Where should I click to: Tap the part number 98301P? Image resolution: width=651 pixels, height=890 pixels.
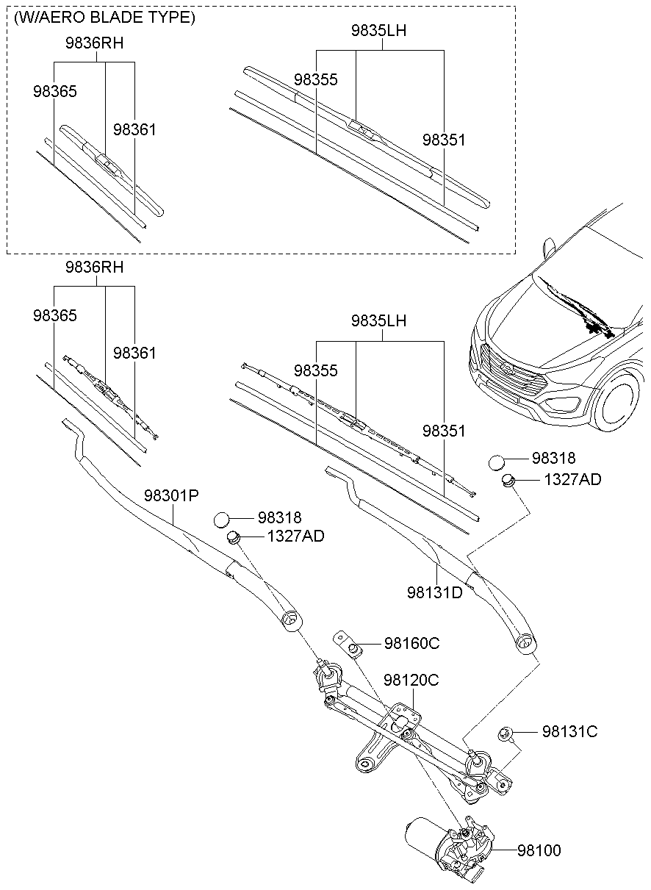(x=171, y=495)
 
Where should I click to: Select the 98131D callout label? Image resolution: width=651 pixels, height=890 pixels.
(x=435, y=592)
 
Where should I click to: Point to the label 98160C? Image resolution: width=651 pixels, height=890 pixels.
(x=411, y=644)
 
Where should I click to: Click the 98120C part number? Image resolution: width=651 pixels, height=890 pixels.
(x=411, y=681)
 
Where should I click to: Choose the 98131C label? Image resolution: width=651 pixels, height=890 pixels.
(x=569, y=732)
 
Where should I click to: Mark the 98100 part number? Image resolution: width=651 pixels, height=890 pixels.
(x=539, y=850)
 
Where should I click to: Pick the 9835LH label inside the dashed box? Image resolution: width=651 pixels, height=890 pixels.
(x=378, y=31)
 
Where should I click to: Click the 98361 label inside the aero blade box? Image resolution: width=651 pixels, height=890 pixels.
(x=134, y=129)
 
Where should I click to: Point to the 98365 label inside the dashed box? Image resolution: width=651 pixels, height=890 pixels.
(x=54, y=91)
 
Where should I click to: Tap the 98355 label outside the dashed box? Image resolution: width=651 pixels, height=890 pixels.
(x=316, y=371)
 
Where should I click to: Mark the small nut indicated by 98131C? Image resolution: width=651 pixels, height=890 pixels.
(x=506, y=733)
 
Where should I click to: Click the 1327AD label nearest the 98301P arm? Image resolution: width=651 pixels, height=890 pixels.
(x=295, y=536)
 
